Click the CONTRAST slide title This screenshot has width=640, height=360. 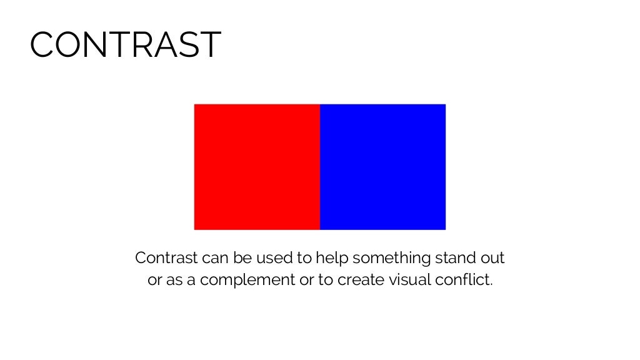pyautogui.click(x=125, y=45)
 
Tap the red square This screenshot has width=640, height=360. pyautogui.click(x=257, y=167)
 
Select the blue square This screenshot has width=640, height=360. pyautogui.click(x=382, y=167)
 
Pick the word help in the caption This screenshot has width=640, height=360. pyautogui.click(x=329, y=257)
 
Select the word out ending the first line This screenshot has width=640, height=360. pyautogui.click(x=492, y=257)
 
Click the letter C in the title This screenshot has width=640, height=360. pyautogui.click(x=42, y=45)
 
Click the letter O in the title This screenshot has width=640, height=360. pyautogui.click(x=67, y=45)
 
